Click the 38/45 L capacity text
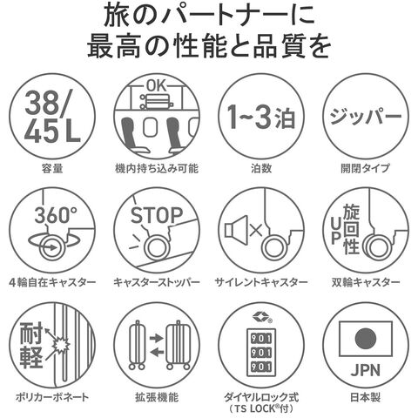[52, 116]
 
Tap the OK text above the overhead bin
[157, 85]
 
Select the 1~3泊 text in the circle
[261, 117]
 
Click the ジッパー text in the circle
[366, 116]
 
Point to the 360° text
[56, 215]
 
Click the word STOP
[157, 215]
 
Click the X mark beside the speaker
[256, 230]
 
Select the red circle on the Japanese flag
[366, 339]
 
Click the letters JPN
[366, 370]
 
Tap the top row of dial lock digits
[260, 339]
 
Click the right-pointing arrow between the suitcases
[157, 338]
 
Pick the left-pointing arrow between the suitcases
[157, 353]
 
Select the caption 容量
[52, 168]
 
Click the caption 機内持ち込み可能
[157, 168]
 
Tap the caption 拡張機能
[157, 397]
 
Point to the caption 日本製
[366, 397]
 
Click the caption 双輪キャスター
[366, 282]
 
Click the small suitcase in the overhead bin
[157, 101]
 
